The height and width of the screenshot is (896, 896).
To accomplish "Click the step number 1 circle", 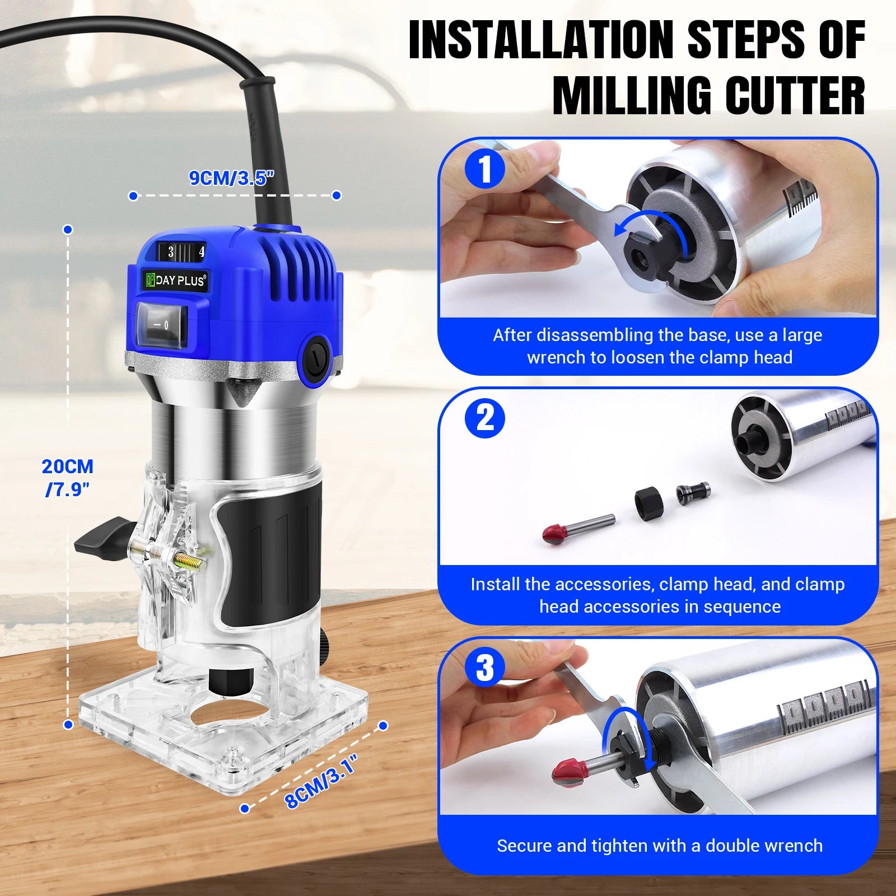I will tap(485, 169).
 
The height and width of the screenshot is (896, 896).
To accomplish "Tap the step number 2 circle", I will tap(485, 418).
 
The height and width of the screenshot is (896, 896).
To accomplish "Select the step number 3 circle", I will tap(485, 668).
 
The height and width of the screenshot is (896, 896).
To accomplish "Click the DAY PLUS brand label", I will tap(175, 280).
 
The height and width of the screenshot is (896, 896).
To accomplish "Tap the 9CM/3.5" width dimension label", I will tap(231, 178).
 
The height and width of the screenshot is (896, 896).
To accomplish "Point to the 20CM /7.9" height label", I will tap(67, 477).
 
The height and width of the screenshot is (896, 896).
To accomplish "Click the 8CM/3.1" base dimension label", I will tap(320, 781).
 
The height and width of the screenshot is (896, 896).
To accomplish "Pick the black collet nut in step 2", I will tap(649, 503).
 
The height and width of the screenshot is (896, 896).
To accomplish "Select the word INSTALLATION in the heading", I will tap(541, 40).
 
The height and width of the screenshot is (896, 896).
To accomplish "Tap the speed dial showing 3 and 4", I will tap(181, 252).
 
